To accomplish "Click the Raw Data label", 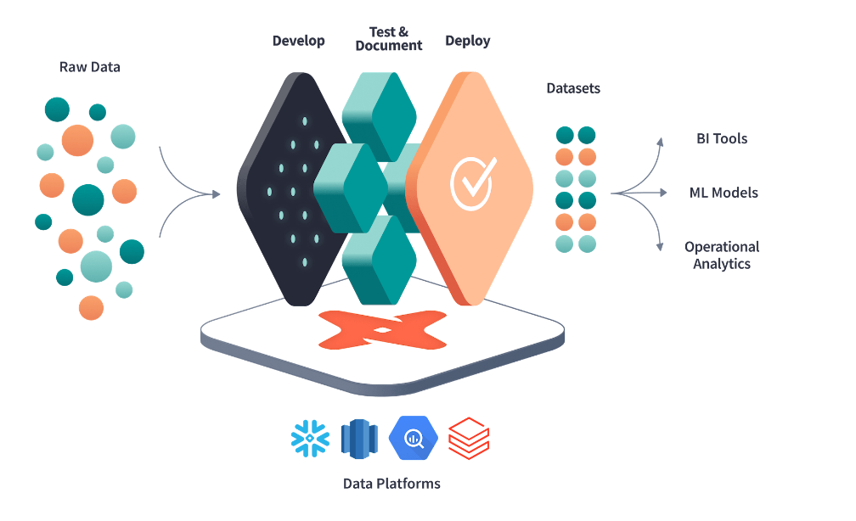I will click(90, 67).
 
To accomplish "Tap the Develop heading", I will click(298, 41).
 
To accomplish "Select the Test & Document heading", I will click(389, 39).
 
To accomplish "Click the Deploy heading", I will click(468, 41).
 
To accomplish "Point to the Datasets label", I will click(573, 88).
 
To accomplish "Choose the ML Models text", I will click(724, 193).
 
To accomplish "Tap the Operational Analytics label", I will click(722, 255).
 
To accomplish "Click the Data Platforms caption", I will click(391, 484).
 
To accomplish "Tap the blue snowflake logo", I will click(310, 438).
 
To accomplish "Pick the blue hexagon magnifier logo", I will click(413, 438).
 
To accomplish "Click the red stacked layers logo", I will click(469, 438).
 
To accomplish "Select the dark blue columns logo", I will click(358, 438).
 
